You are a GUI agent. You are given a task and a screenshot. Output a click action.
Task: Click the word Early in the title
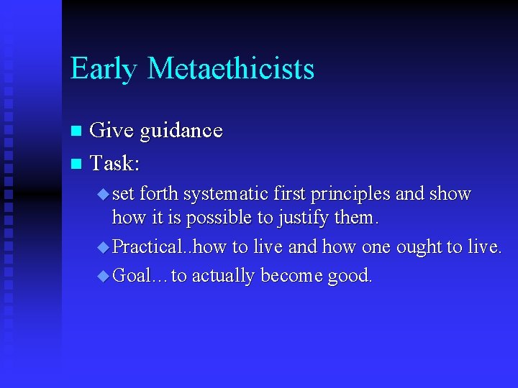click(x=104, y=69)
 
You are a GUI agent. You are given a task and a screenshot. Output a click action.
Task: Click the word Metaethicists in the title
click(x=230, y=69)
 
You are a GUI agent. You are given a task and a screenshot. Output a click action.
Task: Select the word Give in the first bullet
click(x=112, y=130)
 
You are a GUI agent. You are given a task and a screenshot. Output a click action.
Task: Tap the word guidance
click(x=181, y=131)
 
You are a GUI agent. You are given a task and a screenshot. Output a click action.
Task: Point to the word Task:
click(x=114, y=164)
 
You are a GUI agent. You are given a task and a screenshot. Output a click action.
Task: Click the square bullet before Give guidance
click(x=76, y=131)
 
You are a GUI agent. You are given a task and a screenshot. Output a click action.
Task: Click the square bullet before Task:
click(x=76, y=165)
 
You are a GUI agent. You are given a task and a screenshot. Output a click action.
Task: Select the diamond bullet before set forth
click(x=104, y=194)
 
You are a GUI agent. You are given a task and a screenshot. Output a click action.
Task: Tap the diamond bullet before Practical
click(x=104, y=246)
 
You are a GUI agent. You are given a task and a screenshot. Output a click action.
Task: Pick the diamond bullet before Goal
click(x=104, y=276)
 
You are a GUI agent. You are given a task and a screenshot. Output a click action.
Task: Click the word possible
click(x=217, y=217)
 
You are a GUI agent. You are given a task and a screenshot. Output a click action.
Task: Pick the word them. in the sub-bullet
click(x=356, y=217)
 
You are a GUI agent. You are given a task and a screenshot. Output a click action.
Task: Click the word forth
click(x=159, y=194)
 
